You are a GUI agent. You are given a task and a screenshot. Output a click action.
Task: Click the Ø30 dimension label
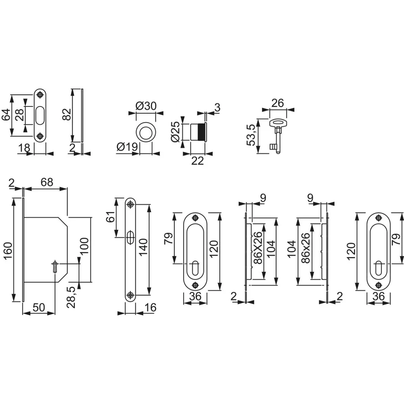tap(146, 106)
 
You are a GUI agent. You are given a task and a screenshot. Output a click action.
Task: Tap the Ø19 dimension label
tap(127, 147)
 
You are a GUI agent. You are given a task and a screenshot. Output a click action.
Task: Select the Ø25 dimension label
tap(175, 132)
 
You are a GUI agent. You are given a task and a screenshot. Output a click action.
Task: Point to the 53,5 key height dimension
tap(251, 135)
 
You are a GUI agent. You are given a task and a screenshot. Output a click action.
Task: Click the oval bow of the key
tap(277, 123)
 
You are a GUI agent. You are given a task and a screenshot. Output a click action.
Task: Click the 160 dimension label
tap(8, 251)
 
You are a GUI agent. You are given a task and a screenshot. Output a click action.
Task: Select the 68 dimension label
tap(47, 182)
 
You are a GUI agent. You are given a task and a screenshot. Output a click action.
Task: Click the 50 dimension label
tap(39, 307)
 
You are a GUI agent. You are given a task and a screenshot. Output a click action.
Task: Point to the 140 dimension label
tap(143, 247)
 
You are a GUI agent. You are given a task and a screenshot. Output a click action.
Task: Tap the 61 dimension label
tap(110, 217)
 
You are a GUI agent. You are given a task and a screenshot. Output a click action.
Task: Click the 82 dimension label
tap(67, 115)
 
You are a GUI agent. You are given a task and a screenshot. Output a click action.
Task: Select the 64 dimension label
tap(6, 115)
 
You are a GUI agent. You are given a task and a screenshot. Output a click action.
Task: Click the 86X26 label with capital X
tap(258, 248)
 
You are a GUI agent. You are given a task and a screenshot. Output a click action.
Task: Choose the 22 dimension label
tap(198, 161)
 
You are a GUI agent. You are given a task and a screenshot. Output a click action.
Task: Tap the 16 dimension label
tap(150, 307)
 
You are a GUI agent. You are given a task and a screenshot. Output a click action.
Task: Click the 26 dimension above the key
tap(278, 103)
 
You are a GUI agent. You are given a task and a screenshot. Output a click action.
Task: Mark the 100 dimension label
tap(84, 246)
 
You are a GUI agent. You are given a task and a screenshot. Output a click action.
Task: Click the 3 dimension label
tap(217, 107)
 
